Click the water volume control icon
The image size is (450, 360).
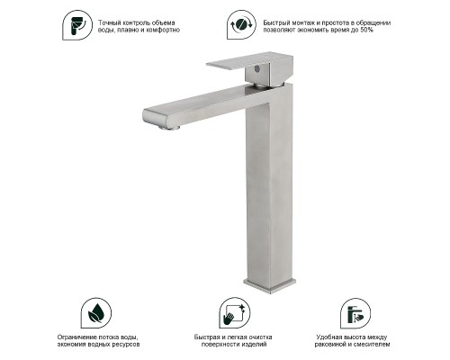pyautogui.click(x=77, y=25)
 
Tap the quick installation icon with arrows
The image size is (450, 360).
pyautogui.click(x=241, y=24)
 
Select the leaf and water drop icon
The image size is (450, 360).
pyautogui.click(x=96, y=313)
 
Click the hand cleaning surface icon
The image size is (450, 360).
pyautogui.click(x=234, y=313)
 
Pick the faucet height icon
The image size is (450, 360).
pyautogui.click(x=355, y=313)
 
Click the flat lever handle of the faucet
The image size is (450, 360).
pyautogui.click(x=249, y=60)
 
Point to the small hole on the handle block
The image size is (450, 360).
pyautogui.click(x=256, y=68)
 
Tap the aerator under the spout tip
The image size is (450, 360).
pyautogui.click(x=169, y=128)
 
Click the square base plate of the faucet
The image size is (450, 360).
pyautogui.click(x=269, y=285)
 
